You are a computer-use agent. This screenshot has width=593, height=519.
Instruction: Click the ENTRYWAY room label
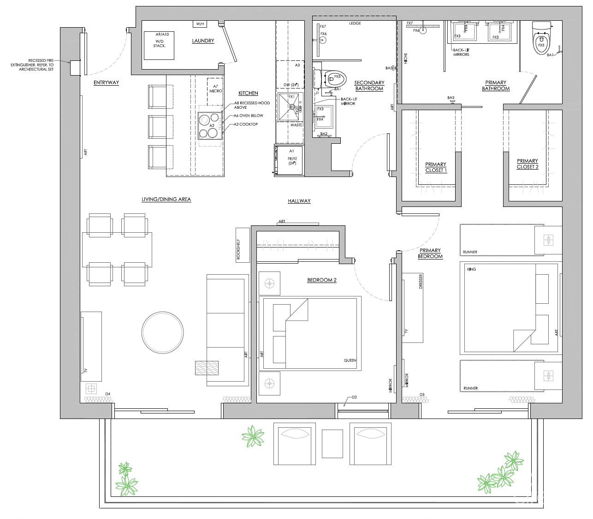(x=106, y=83)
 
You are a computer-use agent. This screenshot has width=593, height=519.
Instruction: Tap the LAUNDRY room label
(x=203, y=41)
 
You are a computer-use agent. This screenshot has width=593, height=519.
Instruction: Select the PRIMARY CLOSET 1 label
(x=435, y=167)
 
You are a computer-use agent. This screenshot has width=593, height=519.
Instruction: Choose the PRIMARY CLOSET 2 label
(x=527, y=164)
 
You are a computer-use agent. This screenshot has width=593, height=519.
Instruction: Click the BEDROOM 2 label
(x=322, y=280)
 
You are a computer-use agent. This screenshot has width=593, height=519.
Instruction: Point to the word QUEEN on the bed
(x=350, y=360)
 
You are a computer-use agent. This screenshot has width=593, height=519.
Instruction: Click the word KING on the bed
(x=471, y=269)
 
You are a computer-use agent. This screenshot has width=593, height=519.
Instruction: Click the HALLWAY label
(x=299, y=201)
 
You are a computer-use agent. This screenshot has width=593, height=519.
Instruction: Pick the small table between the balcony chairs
(x=332, y=443)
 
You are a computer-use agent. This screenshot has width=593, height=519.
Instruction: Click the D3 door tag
(x=422, y=395)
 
